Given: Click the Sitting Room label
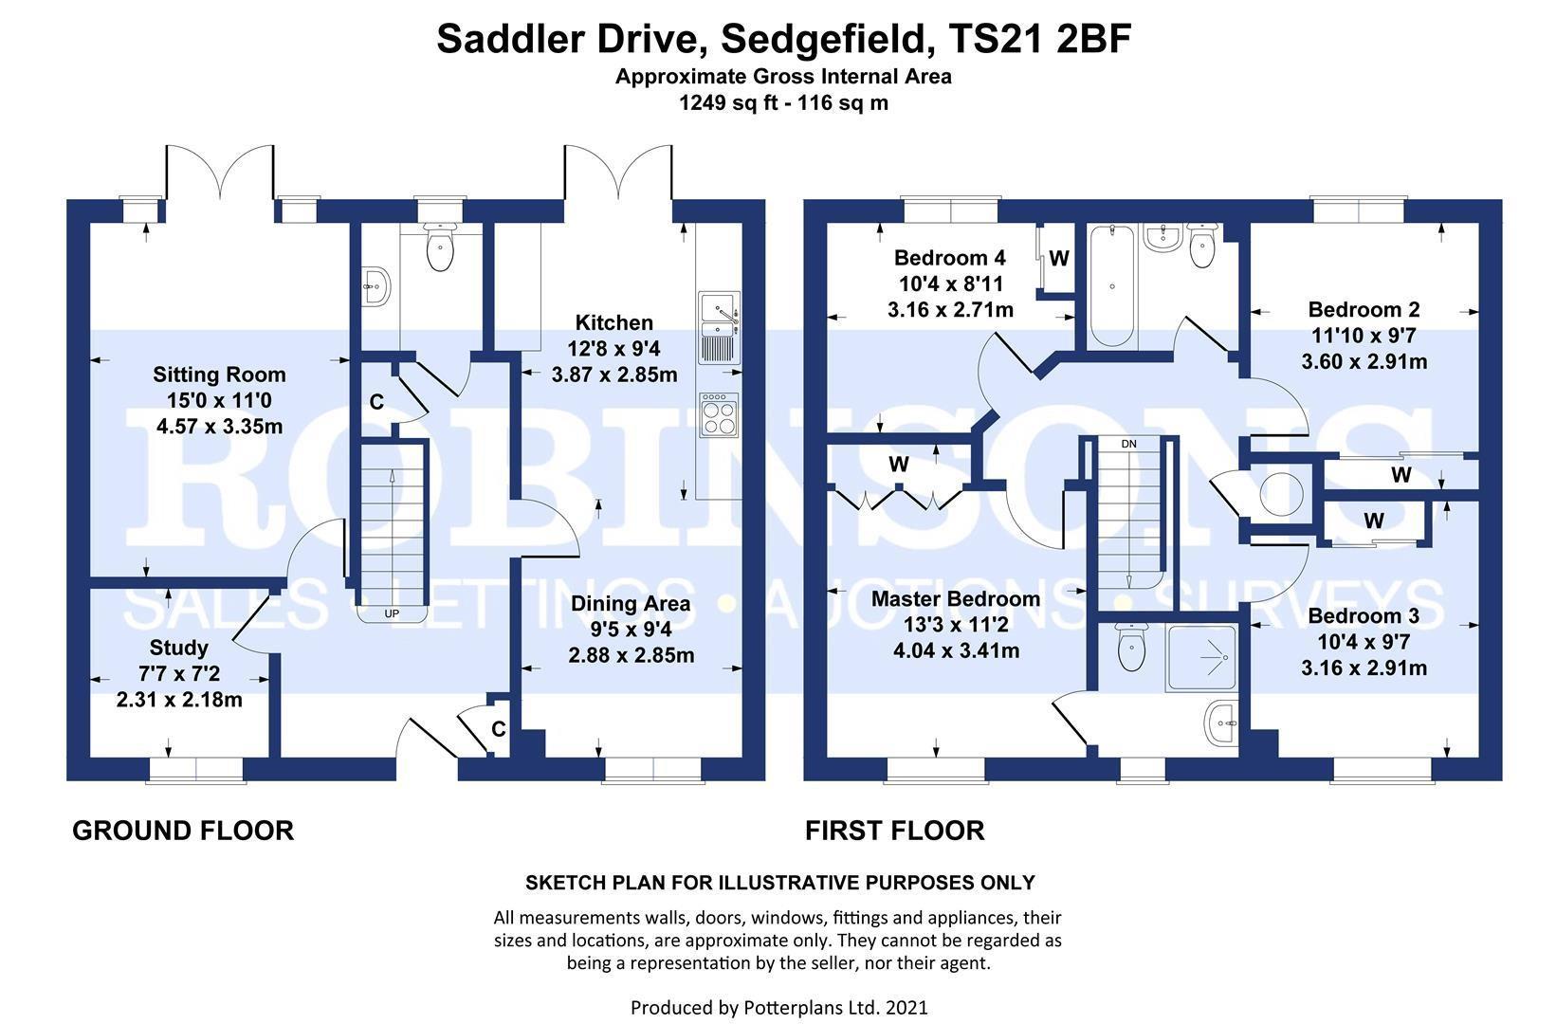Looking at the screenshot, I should [219, 375].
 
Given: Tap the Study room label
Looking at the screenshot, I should [179, 649].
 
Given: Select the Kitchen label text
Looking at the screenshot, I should [613, 323].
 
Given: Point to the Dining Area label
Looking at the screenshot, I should [631, 604].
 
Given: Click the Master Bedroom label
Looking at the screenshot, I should [955, 599].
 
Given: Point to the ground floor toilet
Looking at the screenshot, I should [440, 248].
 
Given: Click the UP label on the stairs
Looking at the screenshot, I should [392, 613].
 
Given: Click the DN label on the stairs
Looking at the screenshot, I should [1128, 444].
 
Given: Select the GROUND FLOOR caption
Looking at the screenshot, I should [183, 832].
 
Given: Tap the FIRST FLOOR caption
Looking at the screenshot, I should [894, 832].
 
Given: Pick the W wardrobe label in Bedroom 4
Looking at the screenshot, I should [1059, 258].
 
